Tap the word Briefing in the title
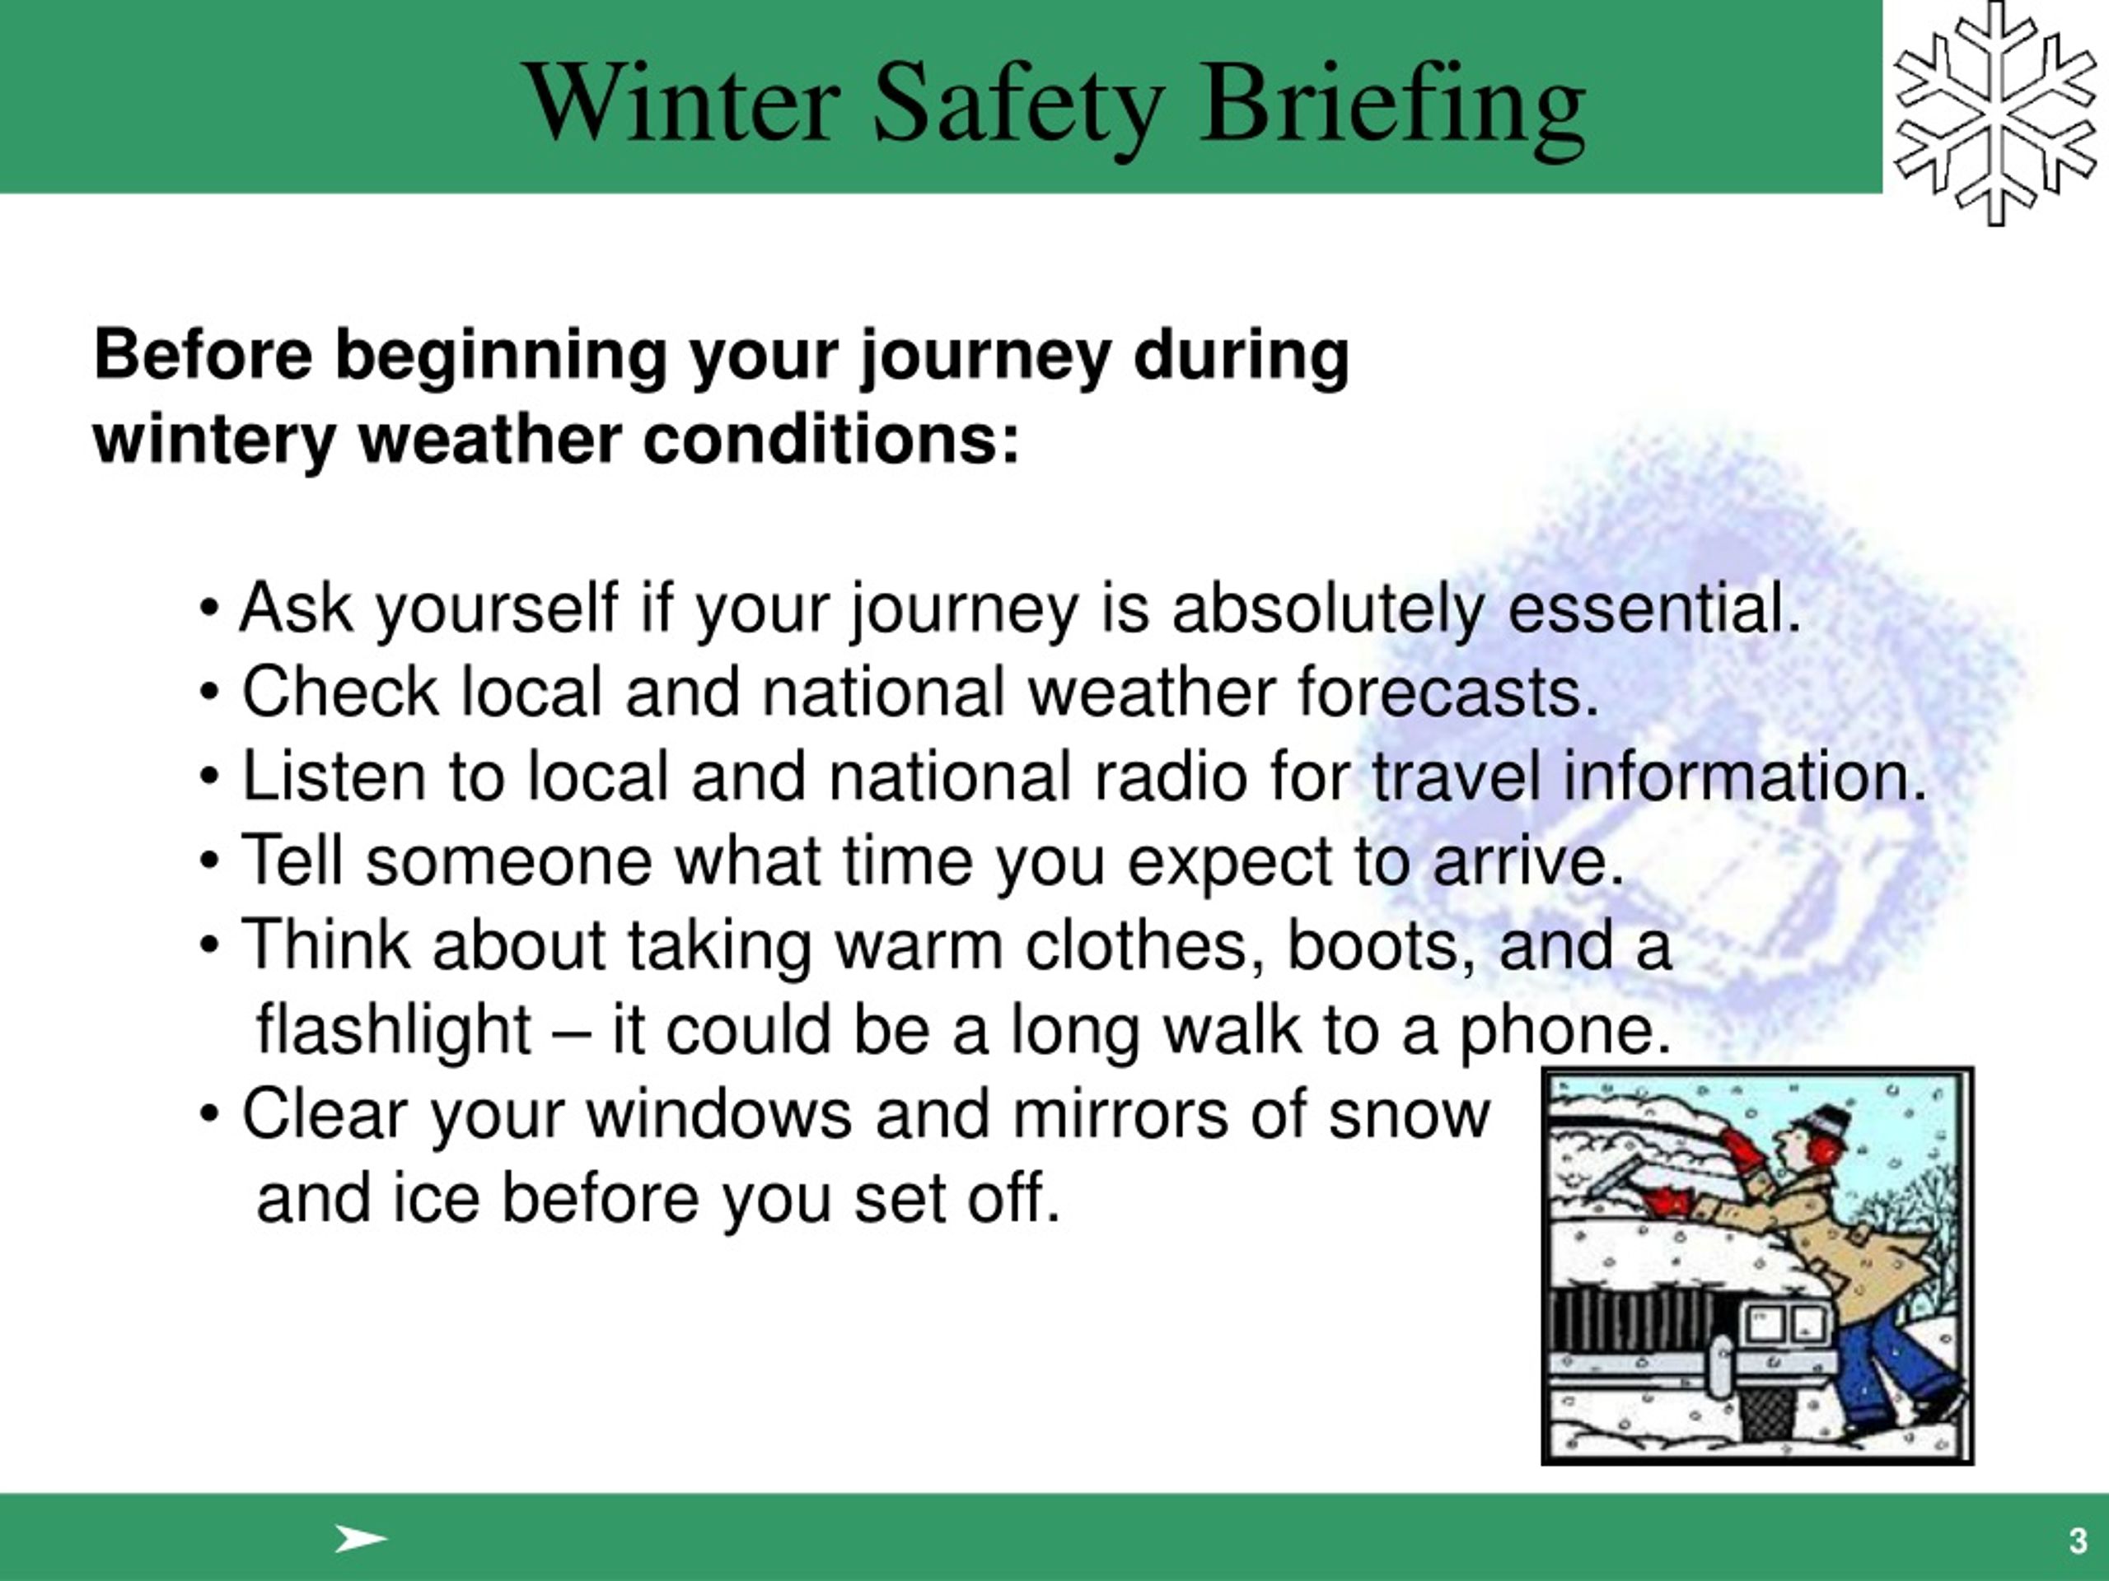pyautogui.click(x=1393, y=107)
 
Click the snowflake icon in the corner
pyautogui.click(x=1994, y=113)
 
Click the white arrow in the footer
pyautogui.click(x=360, y=1538)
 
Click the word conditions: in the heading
pyautogui.click(x=830, y=441)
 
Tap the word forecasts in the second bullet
pyautogui.click(x=1447, y=692)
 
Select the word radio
pyautogui.click(x=1170, y=776)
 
